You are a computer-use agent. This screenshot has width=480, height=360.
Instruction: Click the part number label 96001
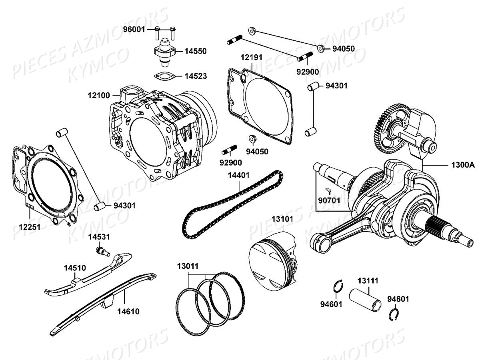coord(134,29)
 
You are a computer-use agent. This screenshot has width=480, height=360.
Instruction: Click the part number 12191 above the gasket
coord(251,57)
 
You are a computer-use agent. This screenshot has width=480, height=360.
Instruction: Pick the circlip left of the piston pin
coord(338,287)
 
